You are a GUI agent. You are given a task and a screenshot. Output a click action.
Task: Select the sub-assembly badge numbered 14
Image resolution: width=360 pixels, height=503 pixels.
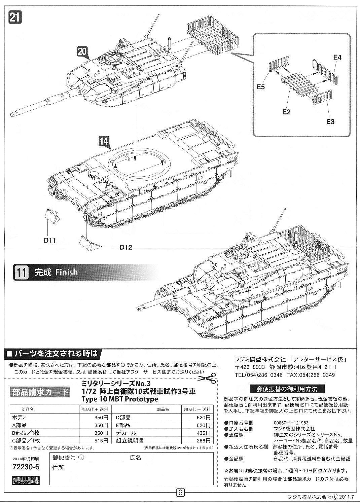pyautogui.click(x=105, y=142)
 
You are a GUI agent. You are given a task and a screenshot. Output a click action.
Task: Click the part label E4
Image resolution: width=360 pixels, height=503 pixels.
pyautogui.click(x=337, y=58)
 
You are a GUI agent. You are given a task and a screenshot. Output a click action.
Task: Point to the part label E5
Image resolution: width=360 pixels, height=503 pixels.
pyautogui.click(x=261, y=87)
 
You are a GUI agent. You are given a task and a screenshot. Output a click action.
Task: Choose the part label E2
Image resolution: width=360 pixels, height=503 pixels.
pyautogui.click(x=286, y=112)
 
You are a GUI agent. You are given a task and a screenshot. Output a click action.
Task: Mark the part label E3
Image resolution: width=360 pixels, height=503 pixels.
pyautogui.click(x=330, y=121)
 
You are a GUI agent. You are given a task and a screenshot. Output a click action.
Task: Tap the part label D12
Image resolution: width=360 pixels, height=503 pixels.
pyautogui.click(x=125, y=248)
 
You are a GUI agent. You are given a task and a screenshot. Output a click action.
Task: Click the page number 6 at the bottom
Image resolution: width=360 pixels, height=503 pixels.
pyautogui.click(x=180, y=493)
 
